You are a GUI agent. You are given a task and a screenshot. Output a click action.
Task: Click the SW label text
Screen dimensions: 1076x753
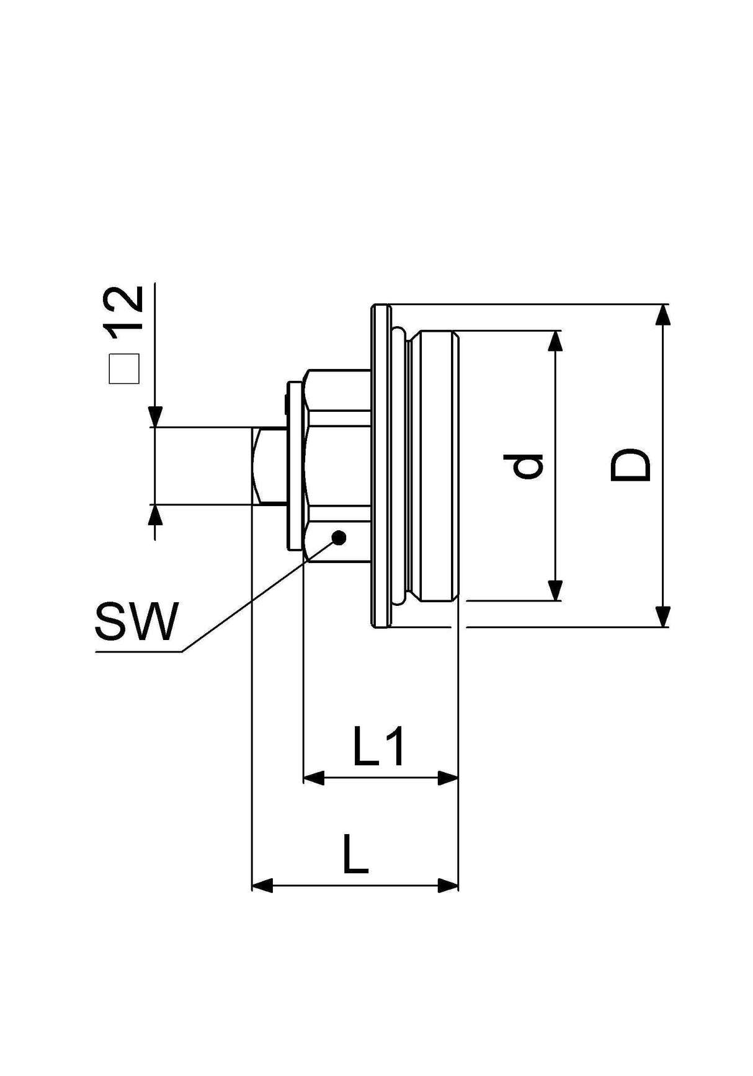tap(136, 621)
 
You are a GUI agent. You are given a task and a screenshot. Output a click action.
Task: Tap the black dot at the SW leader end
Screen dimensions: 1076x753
tap(339, 538)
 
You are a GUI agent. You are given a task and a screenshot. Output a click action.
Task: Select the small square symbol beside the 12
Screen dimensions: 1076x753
tap(124, 370)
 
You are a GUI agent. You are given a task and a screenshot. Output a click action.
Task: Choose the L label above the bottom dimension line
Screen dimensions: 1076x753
tap(355, 855)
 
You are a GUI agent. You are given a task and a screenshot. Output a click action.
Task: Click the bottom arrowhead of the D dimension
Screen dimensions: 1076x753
tap(662, 616)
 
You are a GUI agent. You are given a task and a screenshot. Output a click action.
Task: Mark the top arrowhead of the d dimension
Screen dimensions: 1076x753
tap(555, 342)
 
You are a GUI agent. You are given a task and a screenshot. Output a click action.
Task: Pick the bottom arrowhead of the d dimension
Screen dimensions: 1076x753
tap(555, 590)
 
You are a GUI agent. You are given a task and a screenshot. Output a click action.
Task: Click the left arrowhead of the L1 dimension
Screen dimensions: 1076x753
tap(314, 778)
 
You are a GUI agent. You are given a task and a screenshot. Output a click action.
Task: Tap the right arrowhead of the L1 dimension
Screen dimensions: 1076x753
tap(447, 778)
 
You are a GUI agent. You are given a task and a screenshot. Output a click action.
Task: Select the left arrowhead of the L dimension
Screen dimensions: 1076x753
tap(262, 886)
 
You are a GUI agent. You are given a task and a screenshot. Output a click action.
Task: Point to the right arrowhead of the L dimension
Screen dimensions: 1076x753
tap(447, 886)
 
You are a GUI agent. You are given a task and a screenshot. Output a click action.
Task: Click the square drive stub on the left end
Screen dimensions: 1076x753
tap(268, 466)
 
